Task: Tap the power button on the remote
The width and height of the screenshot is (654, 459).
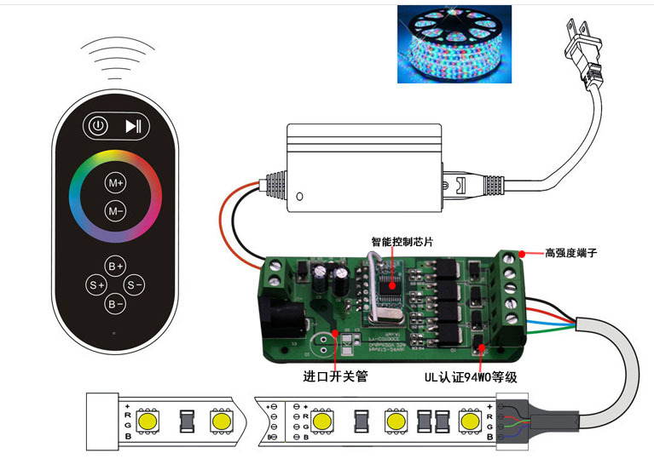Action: tap(98, 126)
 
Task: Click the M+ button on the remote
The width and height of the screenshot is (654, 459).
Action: tap(115, 183)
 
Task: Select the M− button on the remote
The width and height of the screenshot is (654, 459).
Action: tap(115, 210)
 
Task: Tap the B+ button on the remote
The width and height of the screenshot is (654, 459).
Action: tap(115, 265)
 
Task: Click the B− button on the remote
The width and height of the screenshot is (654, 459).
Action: tap(115, 303)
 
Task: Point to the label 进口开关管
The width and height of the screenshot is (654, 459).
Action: tap(335, 376)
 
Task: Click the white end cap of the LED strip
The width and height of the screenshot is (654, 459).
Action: tap(101, 421)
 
